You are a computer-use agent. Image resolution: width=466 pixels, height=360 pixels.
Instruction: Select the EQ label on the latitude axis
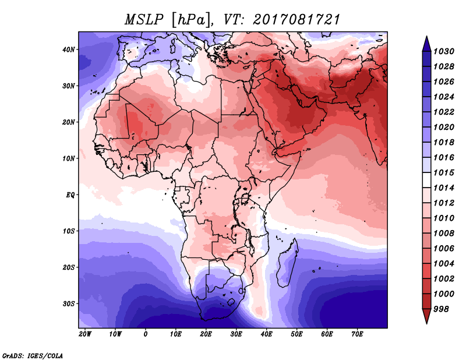pos(69,195)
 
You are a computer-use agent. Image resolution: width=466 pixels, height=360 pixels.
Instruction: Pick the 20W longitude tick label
pos(84,334)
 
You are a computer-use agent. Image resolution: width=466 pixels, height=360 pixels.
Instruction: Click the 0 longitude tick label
pos(145,334)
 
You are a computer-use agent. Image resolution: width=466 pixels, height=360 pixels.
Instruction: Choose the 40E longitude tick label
pos(266,334)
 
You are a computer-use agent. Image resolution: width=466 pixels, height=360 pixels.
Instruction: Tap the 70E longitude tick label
pos(357,334)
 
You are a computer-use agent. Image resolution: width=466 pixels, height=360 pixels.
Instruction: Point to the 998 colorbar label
pos(442,309)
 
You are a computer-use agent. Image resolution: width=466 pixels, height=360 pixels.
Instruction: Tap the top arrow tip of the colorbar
pos(426,37)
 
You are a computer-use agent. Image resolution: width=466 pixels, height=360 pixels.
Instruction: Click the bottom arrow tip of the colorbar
pos(426,322)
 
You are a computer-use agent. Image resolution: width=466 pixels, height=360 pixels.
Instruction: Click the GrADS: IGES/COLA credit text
pos(32,355)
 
